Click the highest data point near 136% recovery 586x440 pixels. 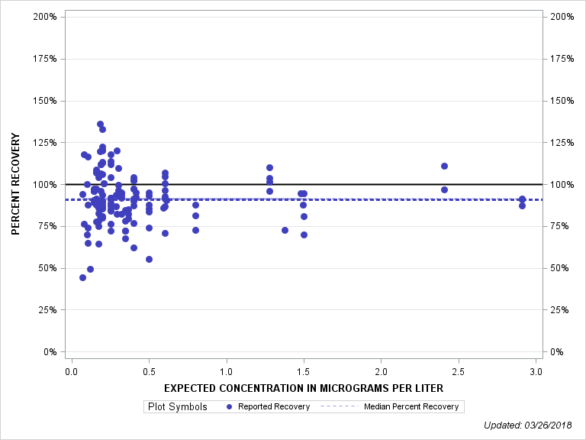[100, 125]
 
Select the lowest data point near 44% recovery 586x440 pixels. [82, 277]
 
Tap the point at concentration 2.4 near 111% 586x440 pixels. [444, 166]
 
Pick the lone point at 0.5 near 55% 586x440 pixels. [149, 259]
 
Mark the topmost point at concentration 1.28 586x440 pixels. [269, 167]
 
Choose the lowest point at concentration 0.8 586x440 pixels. [195, 230]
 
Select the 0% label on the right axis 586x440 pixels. [556, 352]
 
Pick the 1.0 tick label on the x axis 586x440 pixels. [226, 372]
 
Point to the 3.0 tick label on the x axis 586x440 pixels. [536, 372]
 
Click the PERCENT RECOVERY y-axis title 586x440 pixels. [16, 184]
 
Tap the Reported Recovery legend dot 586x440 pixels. [230, 406]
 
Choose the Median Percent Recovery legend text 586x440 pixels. [411, 406]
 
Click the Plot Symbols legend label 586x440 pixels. [177, 406]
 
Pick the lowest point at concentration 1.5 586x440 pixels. [304, 235]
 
